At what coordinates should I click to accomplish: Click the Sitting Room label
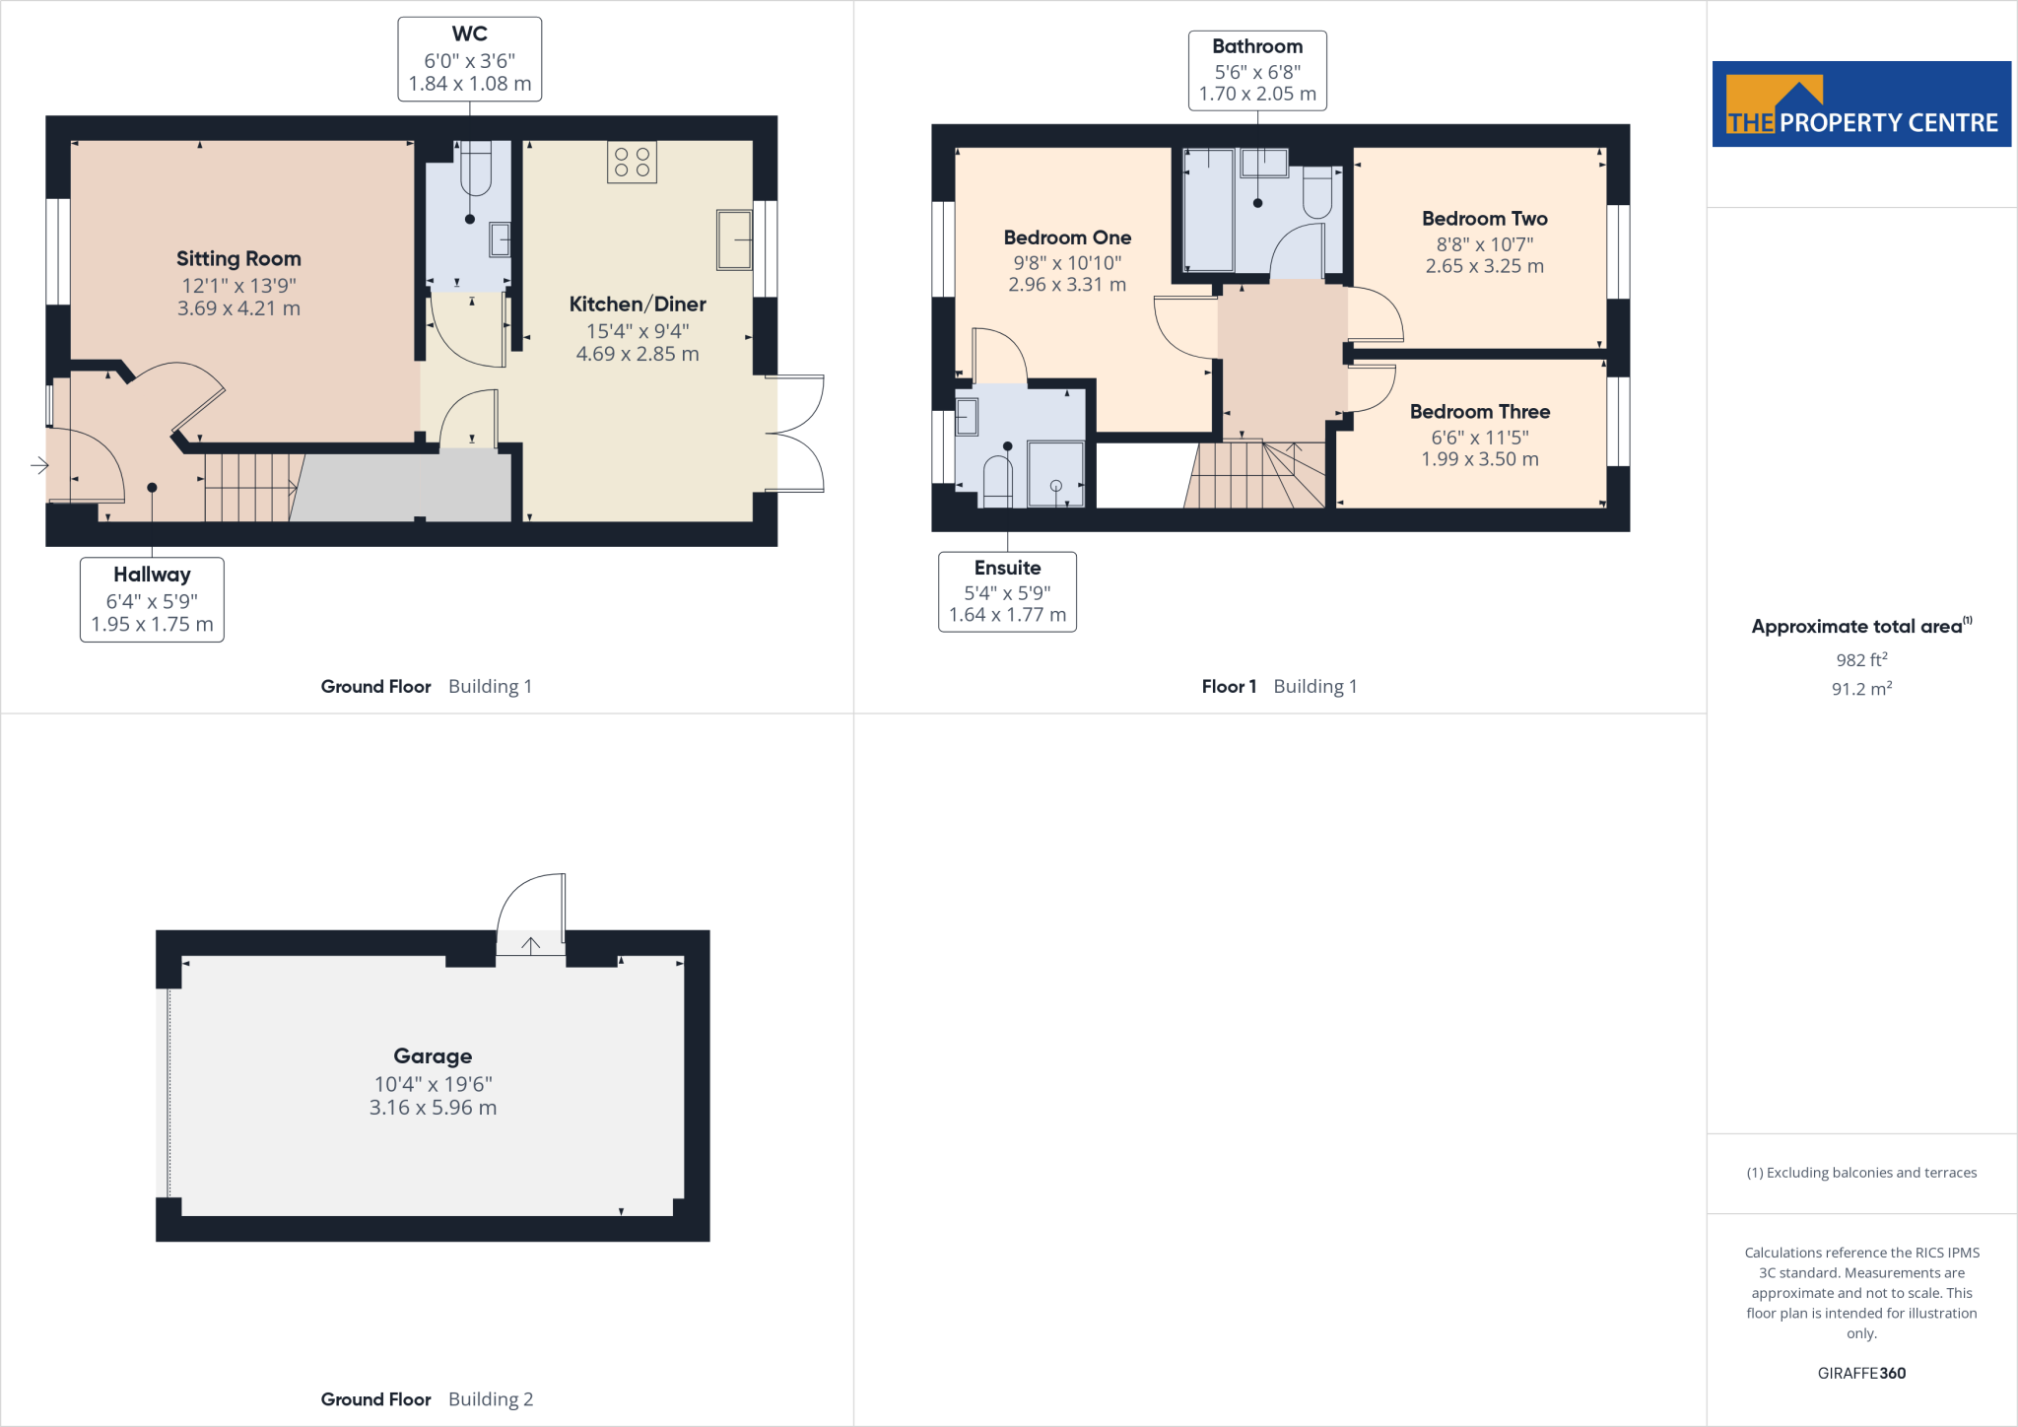tap(238, 259)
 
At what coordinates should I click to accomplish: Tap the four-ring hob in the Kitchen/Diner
tap(632, 163)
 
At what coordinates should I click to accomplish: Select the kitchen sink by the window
tap(734, 239)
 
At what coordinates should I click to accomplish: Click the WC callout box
tap(469, 59)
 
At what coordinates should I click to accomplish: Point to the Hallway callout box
tap(152, 599)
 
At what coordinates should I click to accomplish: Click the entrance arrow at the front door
tap(39, 465)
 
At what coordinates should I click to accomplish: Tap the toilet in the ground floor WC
tap(476, 170)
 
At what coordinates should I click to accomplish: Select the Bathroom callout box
tap(1257, 71)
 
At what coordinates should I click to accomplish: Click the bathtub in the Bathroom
tap(1208, 210)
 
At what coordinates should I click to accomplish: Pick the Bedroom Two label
tap(1484, 219)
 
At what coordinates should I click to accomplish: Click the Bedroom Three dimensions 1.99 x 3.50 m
tap(1479, 459)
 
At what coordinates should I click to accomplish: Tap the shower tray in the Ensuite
tap(1055, 475)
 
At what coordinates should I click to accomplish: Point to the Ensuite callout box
tap(1007, 591)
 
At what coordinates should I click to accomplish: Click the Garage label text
tap(433, 1056)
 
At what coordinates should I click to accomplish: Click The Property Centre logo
tap(1861, 104)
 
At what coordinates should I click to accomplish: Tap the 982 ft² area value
tap(1861, 660)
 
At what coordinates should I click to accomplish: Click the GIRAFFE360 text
tap(1861, 1373)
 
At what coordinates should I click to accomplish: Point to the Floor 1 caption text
tap(1229, 687)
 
